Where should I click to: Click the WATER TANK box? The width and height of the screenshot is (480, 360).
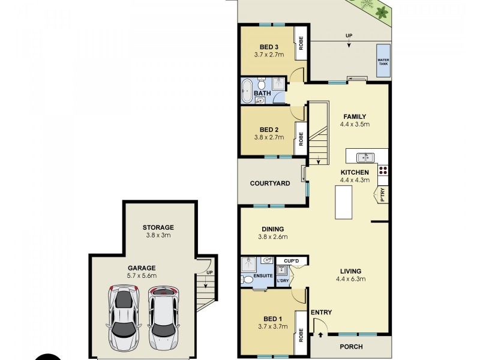[x=382, y=60]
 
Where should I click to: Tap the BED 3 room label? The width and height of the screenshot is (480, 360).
[x=269, y=47]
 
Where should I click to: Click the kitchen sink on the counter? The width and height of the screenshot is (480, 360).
[x=365, y=157]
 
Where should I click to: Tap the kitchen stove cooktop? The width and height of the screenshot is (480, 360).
[x=383, y=170]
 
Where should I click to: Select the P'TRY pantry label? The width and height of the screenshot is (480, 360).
[x=380, y=194]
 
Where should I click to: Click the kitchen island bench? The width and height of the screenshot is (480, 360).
[x=343, y=203]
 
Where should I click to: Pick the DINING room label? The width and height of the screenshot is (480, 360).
[x=272, y=229]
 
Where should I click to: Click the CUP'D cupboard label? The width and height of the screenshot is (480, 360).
[x=292, y=260]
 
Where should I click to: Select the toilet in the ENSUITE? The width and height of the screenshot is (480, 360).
[x=247, y=279]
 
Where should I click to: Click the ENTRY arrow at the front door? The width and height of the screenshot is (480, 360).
[x=320, y=334]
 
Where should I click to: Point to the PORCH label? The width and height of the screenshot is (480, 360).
[x=351, y=347]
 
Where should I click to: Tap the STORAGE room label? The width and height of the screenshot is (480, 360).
[x=158, y=227]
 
